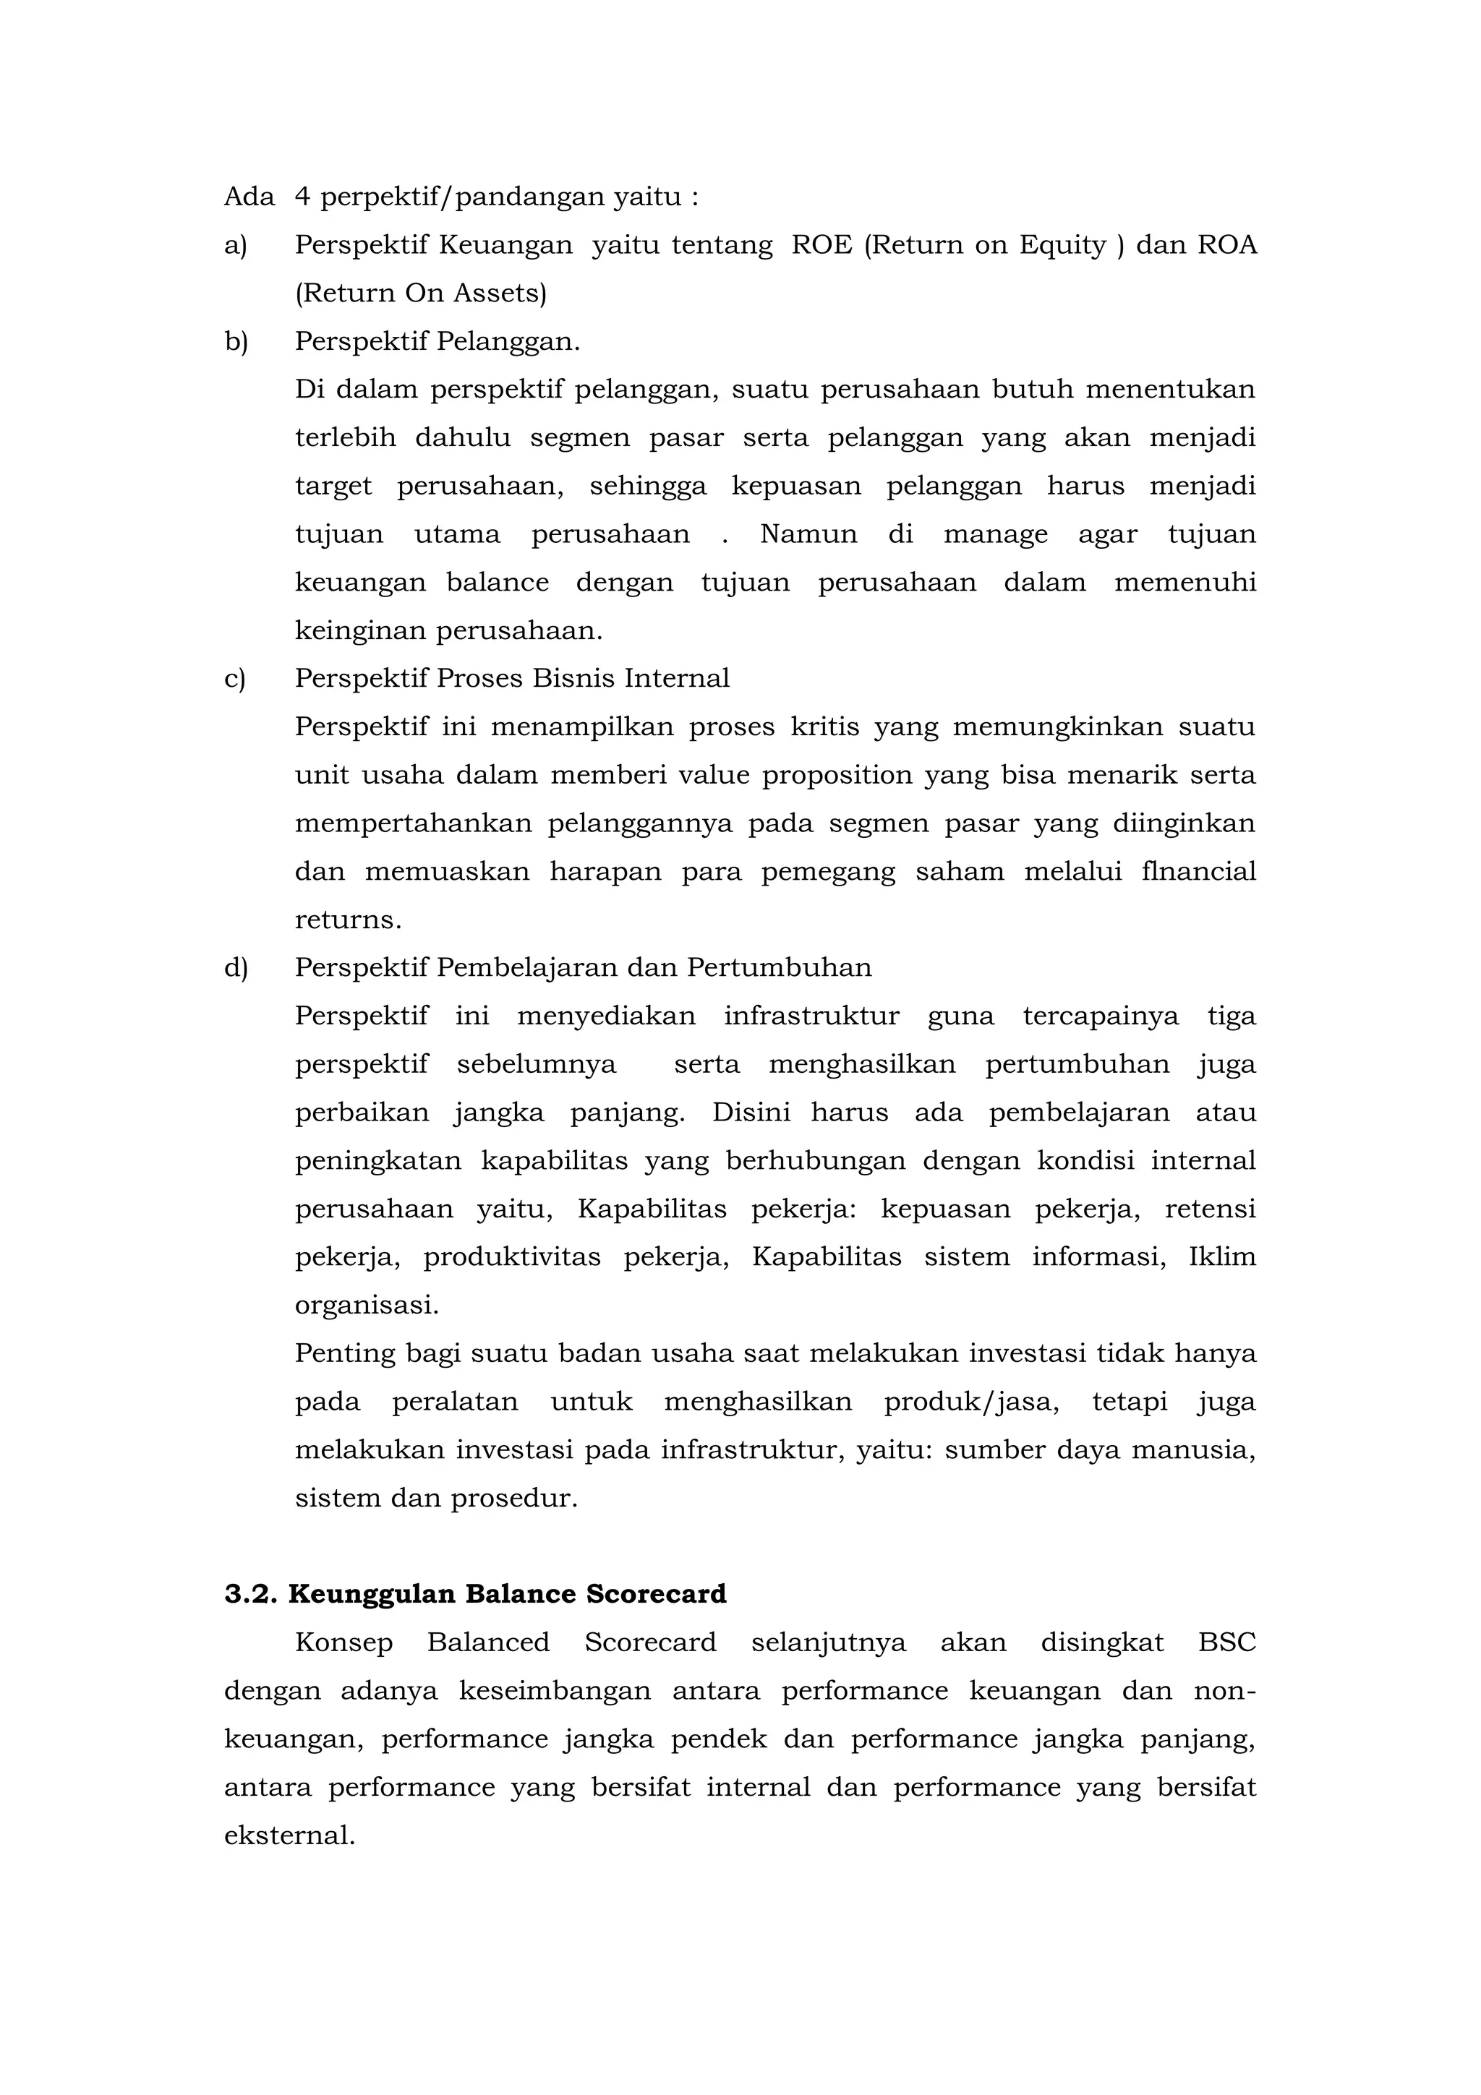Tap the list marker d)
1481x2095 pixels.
coord(236,968)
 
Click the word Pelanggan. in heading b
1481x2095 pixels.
coord(508,342)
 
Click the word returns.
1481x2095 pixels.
coord(348,920)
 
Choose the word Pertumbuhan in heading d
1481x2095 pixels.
coord(780,968)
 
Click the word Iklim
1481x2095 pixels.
coord(1222,1257)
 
